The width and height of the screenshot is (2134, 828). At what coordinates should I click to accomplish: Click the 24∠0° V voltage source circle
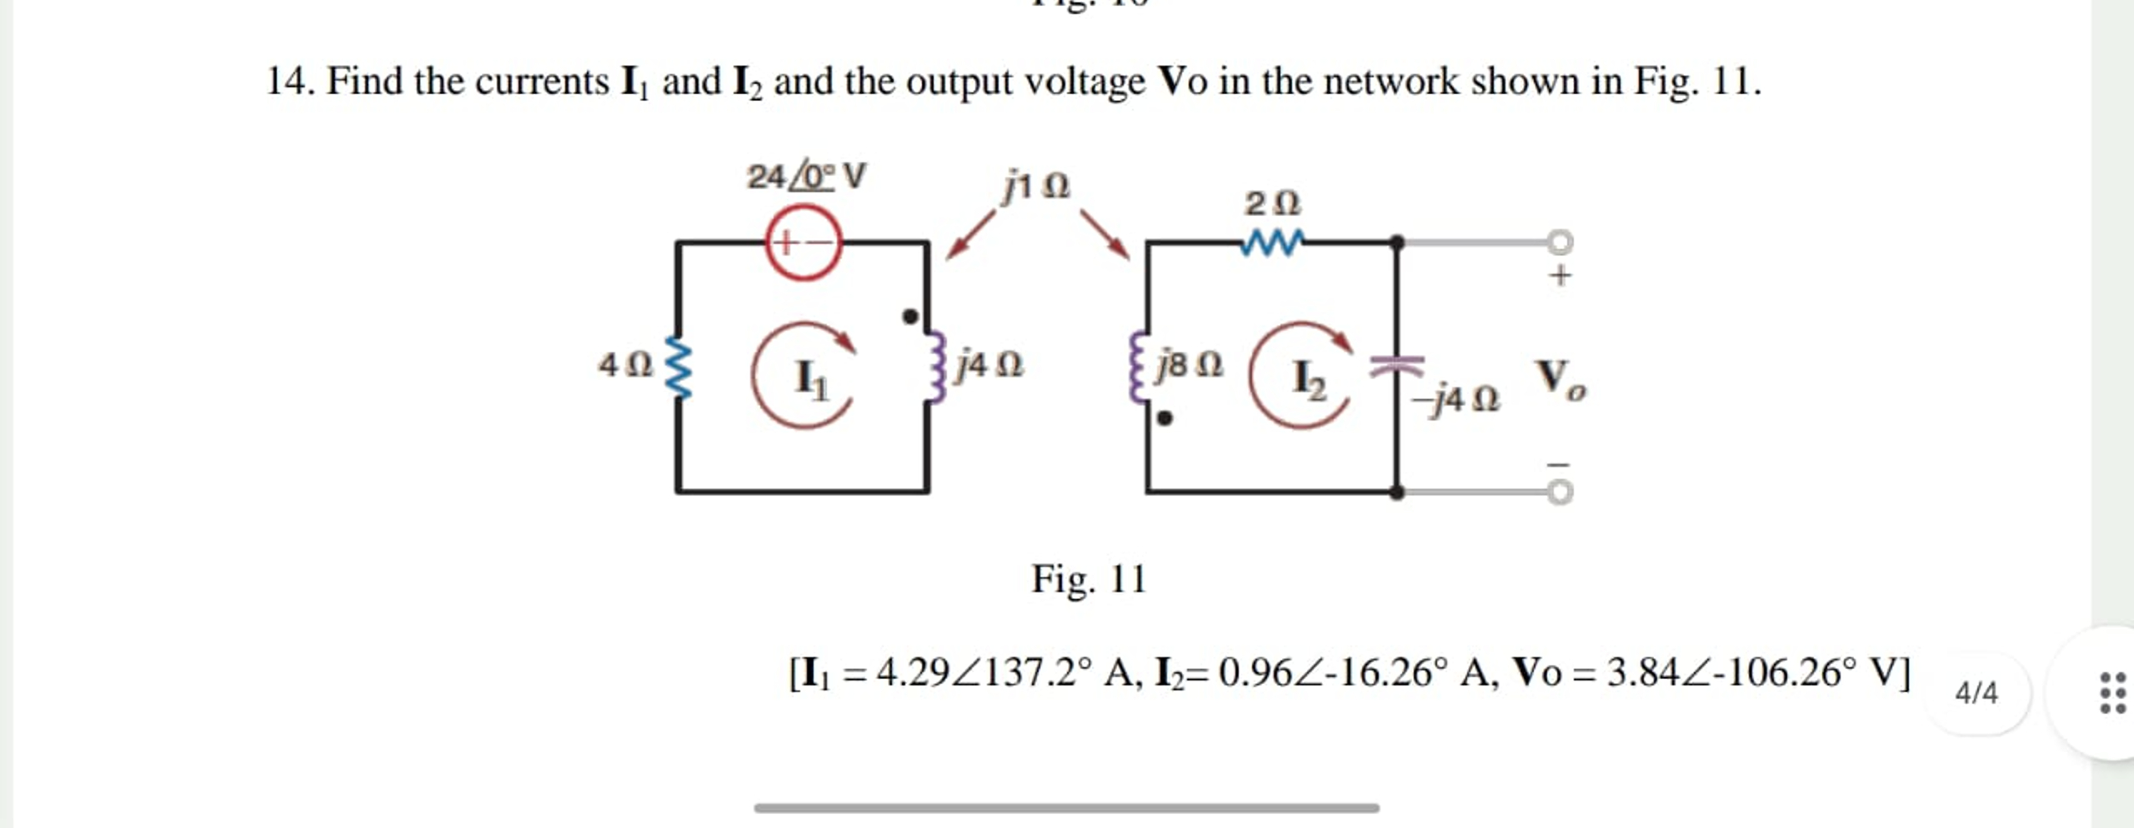point(804,242)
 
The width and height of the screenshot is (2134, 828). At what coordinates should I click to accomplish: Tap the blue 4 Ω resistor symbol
point(679,367)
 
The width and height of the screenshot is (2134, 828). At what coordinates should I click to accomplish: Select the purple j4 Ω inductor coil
point(937,367)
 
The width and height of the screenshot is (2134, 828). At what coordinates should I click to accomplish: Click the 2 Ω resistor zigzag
point(1271,242)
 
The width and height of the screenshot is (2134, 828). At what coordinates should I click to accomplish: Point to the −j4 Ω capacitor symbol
point(1398,365)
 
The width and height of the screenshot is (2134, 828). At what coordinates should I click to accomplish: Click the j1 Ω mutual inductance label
point(1036,185)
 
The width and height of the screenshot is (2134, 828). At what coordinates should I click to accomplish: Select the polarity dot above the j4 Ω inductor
point(910,317)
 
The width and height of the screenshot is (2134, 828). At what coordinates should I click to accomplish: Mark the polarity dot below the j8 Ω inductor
point(1165,418)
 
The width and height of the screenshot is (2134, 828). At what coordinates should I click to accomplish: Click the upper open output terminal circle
point(1560,242)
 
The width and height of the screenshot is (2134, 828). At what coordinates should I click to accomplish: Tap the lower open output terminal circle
point(1560,492)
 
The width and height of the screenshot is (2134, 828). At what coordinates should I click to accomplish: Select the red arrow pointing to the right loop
point(1105,236)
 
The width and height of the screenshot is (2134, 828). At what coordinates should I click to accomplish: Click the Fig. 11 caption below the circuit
point(1089,579)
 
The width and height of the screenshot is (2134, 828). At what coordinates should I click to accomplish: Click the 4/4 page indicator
point(1976,693)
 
